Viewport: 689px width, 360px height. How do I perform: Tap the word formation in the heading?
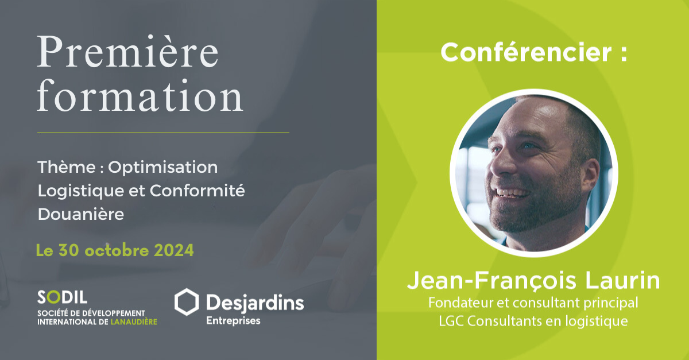[140, 95]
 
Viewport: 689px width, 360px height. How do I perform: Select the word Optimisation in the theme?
[162, 168]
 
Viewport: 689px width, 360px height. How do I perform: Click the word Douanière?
[81, 214]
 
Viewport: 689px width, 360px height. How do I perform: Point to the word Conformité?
[197, 191]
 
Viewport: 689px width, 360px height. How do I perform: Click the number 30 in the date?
[69, 250]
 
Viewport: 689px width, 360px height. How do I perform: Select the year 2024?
[174, 250]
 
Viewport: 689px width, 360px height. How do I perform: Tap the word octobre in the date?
[117, 250]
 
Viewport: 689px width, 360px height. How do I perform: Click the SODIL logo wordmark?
[63, 297]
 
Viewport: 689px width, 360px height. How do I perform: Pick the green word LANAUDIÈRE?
[133, 322]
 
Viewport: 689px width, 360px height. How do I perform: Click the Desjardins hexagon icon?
[187, 302]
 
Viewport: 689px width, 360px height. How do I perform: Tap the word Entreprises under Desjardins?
[233, 321]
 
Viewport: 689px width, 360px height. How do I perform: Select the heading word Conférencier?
[527, 52]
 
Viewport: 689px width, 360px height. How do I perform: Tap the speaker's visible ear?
[590, 175]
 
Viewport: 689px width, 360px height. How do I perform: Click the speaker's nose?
[501, 165]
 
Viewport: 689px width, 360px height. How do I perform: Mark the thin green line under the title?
[163, 133]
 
